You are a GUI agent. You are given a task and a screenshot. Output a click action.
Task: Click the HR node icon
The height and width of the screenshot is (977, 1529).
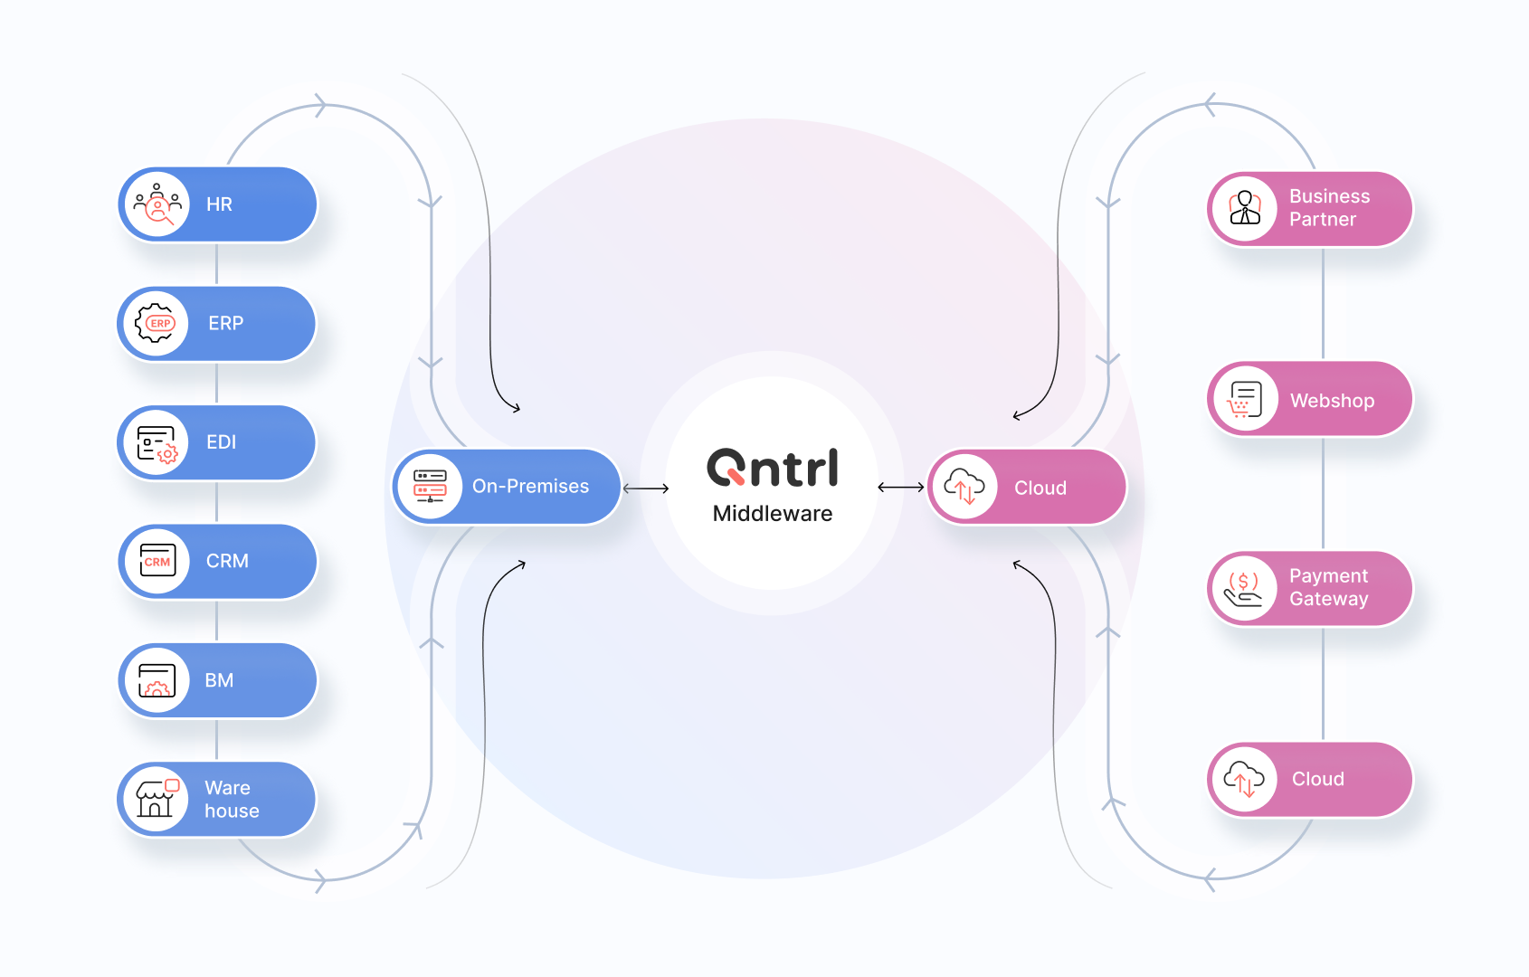157,204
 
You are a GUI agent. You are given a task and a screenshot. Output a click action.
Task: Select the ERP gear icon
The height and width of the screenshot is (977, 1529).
156,323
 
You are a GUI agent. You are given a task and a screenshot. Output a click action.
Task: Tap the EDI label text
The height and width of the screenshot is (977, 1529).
222,442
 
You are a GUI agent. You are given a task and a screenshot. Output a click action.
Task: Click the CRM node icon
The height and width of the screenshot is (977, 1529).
157,561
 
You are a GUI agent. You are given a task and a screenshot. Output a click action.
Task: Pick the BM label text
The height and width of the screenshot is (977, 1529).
219,680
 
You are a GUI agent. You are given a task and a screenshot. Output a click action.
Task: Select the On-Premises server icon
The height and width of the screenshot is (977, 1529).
430,486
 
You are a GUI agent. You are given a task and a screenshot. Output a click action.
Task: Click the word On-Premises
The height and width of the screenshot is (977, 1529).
530,487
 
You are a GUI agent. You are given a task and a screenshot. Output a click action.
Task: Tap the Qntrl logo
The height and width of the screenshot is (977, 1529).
773,468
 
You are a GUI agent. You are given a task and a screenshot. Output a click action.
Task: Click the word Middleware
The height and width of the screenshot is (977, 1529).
773,514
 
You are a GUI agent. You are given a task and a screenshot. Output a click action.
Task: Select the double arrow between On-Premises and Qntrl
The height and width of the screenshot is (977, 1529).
646,488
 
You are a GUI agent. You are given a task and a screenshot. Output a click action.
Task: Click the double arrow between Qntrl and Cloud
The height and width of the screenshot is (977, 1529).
901,488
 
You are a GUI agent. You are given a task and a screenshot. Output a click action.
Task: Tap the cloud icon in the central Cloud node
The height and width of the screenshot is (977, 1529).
964,487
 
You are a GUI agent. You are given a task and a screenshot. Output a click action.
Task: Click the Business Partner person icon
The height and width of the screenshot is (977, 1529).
1245,208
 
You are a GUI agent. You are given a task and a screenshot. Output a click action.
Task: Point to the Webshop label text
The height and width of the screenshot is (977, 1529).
1332,401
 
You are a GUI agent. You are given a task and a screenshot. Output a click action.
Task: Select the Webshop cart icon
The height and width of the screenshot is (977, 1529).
1245,399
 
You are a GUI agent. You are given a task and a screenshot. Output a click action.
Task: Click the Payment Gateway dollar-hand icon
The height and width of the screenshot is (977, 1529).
1244,589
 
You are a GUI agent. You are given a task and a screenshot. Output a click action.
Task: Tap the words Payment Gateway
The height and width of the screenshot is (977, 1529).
1328,587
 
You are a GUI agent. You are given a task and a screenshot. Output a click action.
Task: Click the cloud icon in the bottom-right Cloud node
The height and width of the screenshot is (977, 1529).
1244,779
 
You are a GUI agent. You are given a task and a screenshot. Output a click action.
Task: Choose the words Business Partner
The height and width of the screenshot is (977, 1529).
1329,207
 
